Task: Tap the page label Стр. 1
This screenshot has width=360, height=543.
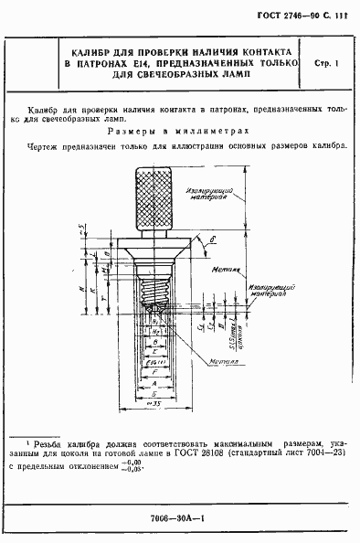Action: tap(326, 63)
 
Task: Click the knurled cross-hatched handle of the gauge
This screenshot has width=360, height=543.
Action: tap(153, 197)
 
